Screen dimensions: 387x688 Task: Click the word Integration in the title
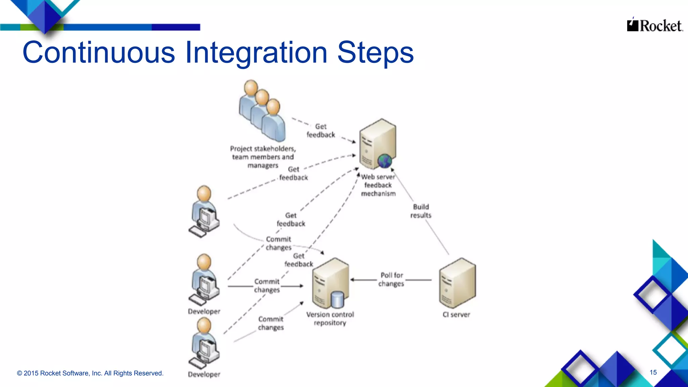[256, 53]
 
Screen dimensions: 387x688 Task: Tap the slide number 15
[653, 372]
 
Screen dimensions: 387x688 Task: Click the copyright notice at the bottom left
[90, 373]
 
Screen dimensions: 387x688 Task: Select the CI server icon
[457, 283]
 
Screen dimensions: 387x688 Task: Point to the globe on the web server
[384, 161]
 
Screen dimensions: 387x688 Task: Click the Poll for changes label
[391, 279]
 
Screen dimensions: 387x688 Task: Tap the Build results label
[421, 211]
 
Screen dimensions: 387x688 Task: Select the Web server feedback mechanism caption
[378, 185]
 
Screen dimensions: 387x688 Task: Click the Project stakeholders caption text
[263, 157]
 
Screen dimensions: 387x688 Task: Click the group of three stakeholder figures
[262, 111]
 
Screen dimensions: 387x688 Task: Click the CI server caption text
[456, 315]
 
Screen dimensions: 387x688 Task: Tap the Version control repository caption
[330, 318]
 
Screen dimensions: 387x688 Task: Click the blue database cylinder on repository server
[337, 300]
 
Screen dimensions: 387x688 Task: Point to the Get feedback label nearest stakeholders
[321, 131]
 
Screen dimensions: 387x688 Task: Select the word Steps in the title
[375, 53]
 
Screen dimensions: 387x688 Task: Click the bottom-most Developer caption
[204, 374]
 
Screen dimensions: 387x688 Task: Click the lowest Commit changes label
[271, 323]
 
